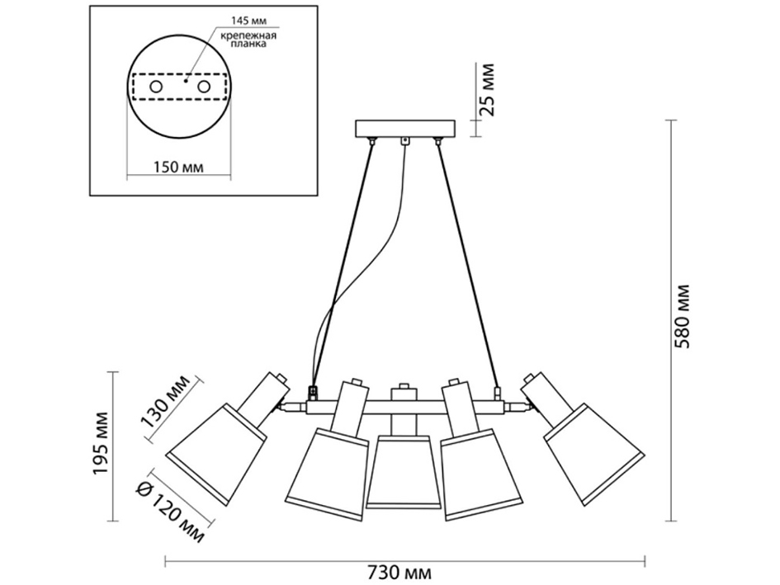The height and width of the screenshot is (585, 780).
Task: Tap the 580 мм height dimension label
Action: tap(682, 317)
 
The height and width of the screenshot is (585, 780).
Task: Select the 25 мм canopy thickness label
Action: tap(487, 88)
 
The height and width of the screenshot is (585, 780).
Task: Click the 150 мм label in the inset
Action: tap(179, 168)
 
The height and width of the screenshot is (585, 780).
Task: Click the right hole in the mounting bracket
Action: tap(204, 86)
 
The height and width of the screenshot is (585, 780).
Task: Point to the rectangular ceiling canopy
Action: tap(404, 130)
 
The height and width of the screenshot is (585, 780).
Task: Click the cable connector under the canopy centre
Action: tap(404, 143)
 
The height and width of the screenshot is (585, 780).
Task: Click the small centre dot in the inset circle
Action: tap(187, 82)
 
